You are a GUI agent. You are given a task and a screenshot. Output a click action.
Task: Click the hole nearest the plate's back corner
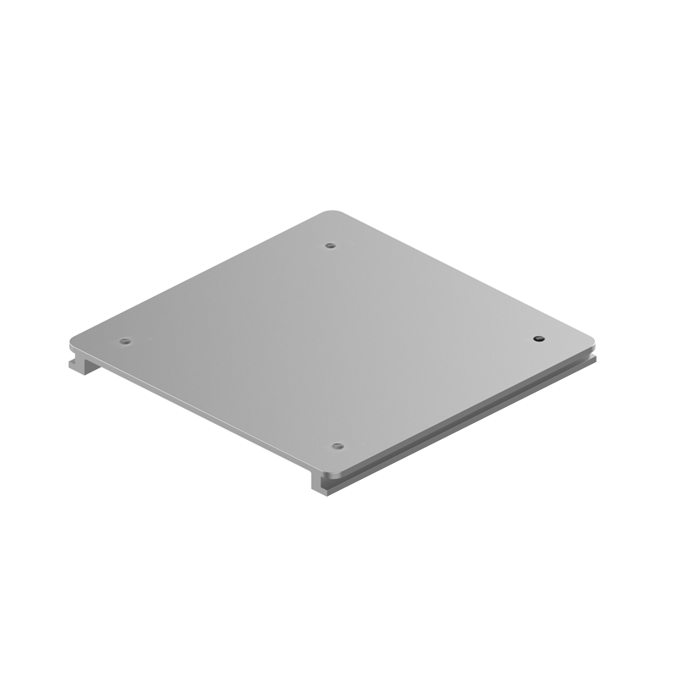coord(330,245)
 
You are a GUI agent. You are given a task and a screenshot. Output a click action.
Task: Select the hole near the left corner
coord(125,342)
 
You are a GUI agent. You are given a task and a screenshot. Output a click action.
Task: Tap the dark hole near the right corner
coord(537,338)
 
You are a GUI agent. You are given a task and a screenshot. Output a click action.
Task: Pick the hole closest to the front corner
coord(337,445)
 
